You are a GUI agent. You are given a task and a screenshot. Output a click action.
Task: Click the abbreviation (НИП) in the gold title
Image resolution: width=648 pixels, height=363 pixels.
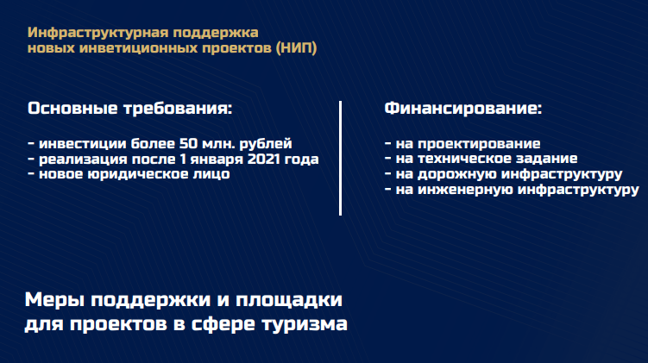[x=296, y=48]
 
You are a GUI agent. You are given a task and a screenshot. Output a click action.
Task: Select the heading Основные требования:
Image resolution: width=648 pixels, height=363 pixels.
[x=129, y=108]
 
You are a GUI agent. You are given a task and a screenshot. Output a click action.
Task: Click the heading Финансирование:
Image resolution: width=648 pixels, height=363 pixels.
[x=462, y=108]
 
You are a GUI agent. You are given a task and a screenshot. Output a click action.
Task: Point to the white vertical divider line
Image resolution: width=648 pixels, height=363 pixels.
[x=340, y=158]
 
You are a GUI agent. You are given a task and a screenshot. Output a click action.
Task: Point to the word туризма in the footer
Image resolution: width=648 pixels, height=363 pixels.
[x=305, y=323]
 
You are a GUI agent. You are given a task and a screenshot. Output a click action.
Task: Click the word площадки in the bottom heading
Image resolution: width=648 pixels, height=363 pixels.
[x=289, y=300]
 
